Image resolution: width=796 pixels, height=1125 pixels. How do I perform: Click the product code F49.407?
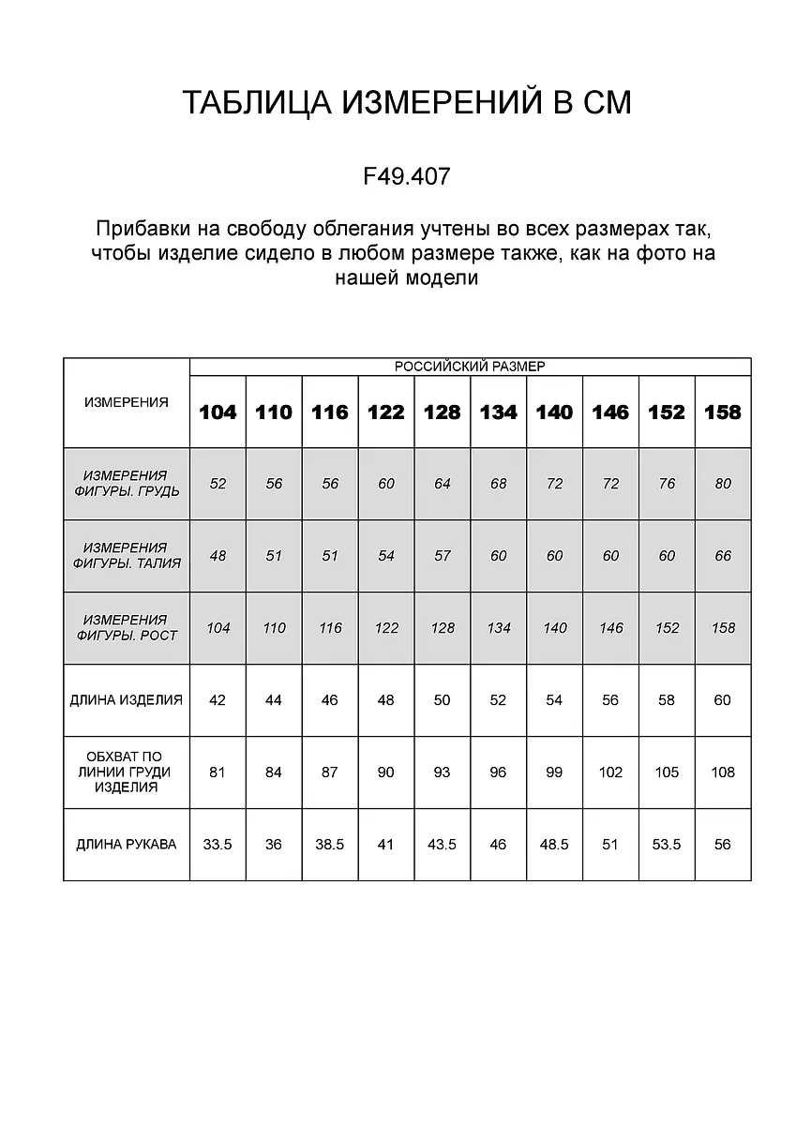coord(406,175)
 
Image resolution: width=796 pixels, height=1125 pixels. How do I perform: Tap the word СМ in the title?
coord(607,102)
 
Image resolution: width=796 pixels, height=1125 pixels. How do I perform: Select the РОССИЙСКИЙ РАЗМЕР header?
coord(470,367)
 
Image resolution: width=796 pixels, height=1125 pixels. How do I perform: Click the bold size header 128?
coord(443,412)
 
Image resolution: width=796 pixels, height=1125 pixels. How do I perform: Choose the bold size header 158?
coord(723,412)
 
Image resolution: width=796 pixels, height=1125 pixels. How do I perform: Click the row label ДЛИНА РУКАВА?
coord(127,845)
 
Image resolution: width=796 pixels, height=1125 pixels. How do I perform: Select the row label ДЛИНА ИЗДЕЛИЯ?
coord(127,700)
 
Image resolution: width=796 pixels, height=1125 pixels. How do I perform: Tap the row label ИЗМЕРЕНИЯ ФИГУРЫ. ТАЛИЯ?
coord(127,556)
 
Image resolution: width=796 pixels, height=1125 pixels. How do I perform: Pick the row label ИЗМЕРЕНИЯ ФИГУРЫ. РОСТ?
coord(127,628)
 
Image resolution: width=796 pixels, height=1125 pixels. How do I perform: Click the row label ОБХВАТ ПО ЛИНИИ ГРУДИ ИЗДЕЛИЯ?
coord(127,772)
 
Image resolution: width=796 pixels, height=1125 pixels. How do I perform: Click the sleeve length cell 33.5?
coord(218,845)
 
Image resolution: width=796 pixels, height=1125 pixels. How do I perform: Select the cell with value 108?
coord(723,772)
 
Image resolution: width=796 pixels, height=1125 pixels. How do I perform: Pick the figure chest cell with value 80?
coord(723,484)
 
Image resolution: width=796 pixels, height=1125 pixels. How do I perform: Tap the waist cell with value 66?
coord(723,556)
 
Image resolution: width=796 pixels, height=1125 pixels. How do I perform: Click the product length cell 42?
coord(218,700)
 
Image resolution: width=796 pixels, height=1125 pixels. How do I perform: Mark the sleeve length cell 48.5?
coord(554,845)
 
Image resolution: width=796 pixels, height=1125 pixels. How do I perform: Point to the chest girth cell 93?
coord(443,772)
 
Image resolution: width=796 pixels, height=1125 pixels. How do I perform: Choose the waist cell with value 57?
coord(443,556)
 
